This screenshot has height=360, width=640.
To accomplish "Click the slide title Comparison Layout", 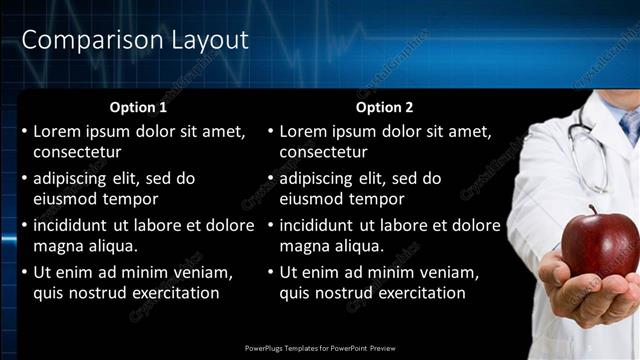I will [x=135, y=41].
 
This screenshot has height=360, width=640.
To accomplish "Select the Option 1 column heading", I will [x=138, y=107].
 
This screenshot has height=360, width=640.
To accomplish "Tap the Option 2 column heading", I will [x=384, y=107].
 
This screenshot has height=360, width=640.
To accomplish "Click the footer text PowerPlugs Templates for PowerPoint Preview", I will [x=320, y=348].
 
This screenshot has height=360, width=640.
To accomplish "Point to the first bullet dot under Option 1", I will [x=24, y=131].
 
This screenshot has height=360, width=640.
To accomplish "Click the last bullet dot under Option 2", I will [x=270, y=272].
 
